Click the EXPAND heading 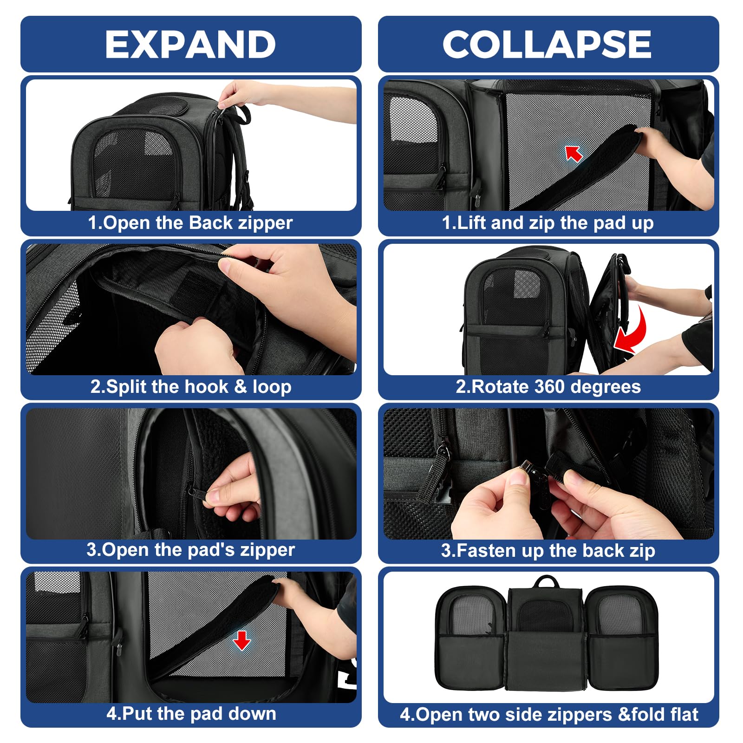(190, 44)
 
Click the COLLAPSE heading (547, 44)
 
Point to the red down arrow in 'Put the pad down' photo (241, 640)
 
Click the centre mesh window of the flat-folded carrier (546, 614)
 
